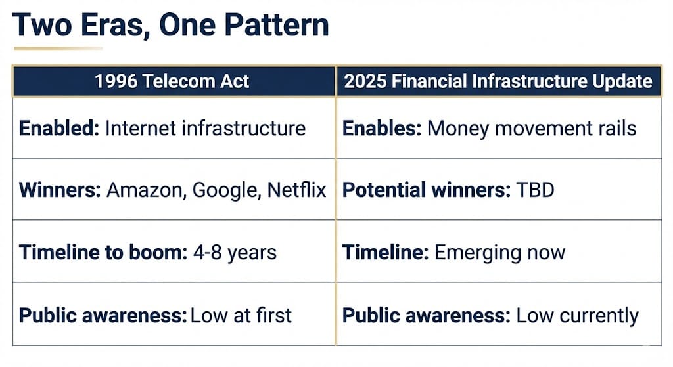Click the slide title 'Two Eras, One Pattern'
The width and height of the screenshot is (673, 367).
(x=170, y=25)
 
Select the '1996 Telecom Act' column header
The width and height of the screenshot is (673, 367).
(x=172, y=81)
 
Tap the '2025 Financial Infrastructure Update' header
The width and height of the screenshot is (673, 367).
(x=498, y=81)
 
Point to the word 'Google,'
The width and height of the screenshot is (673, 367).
(x=227, y=190)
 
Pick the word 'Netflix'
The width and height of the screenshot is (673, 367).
(x=296, y=190)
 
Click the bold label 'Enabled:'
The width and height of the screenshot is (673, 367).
(x=59, y=128)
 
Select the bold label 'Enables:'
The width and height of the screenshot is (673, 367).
(x=382, y=128)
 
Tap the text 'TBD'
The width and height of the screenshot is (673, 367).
(x=535, y=190)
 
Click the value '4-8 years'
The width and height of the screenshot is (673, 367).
(x=235, y=253)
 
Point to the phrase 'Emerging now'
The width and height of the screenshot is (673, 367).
(x=500, y=253)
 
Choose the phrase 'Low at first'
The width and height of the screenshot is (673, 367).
(x=241, y=316)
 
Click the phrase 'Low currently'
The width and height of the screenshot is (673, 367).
(x=577, y=316)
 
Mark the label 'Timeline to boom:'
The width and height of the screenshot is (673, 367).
(x=103, y=252)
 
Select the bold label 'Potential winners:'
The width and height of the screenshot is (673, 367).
(x=427, y=190)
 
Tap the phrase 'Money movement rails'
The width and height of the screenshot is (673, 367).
(x=532, y=129)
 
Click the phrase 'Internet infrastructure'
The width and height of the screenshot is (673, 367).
(x=205, y=128)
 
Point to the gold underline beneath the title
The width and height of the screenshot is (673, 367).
(x=58, y=48)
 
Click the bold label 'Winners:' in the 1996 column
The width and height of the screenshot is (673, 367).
(x=60, y=190)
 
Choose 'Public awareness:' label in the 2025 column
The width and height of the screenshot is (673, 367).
(x=426, y=316)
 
